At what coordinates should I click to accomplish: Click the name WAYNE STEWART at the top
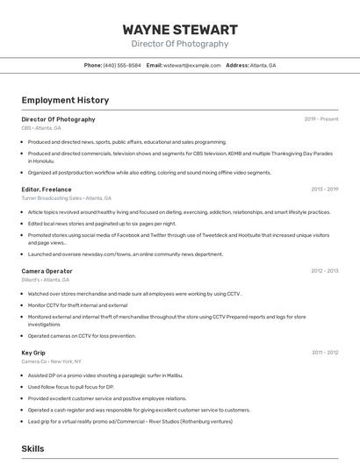(x=180, y=30)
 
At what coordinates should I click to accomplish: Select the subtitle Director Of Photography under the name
(x=180, y=44)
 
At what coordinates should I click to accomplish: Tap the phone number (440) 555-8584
(x=122, y=65)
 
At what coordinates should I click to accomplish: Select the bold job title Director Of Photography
(x=58, y=119)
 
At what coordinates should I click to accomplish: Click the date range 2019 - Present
(x=320, y=119)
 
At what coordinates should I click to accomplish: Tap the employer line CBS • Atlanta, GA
(x=41, y=128)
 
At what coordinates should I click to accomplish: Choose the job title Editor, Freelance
(x=47, y=190)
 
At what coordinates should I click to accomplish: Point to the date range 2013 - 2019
(x=324, y=190)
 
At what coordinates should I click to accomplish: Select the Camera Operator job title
(x=47, y=271)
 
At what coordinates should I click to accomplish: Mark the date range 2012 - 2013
(x=324, y=271)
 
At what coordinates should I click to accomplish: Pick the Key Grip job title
(x=33, y=353)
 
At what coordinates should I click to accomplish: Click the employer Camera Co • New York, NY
(x=51, y=361)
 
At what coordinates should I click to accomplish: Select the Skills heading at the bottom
(x=32, y=448)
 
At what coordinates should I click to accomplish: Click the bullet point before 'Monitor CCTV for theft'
(x=22, y=305)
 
